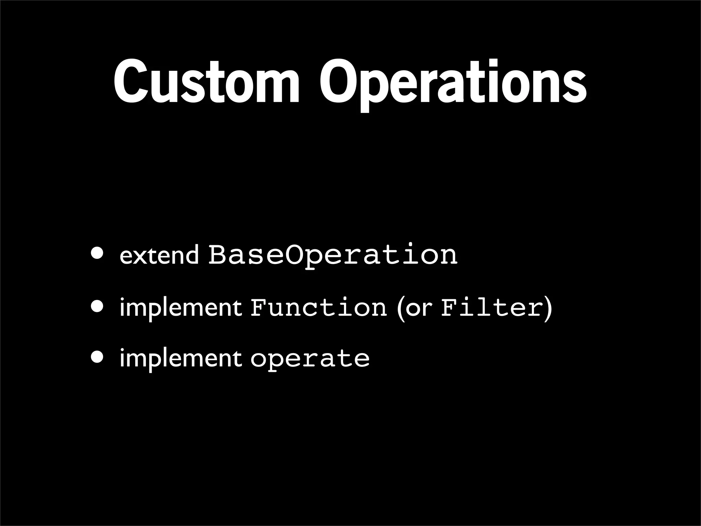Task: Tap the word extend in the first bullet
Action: [159, 255]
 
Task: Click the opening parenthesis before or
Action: [399, 308]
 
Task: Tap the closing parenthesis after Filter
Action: [548, 308]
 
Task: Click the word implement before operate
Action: [181, 359]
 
